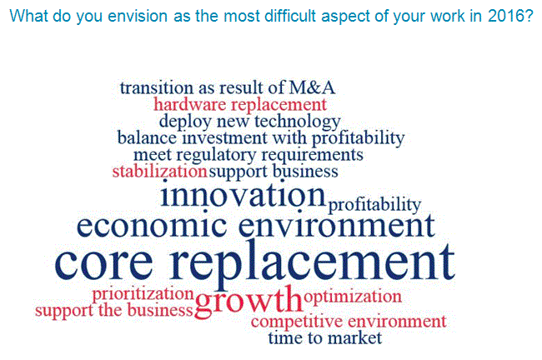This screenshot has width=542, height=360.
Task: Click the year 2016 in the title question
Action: [x=507, y=16]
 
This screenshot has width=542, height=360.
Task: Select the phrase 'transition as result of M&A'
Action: [x=228, y=87]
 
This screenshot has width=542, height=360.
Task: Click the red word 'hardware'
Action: [x=189, y=104]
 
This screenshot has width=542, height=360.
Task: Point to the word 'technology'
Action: [x=298, y=122]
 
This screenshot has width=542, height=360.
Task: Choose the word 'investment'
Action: [x=224, y=137]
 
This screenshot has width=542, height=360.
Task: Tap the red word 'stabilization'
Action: [x=160, y=172]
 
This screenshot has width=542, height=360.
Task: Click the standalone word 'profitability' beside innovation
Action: [x=374, y=205]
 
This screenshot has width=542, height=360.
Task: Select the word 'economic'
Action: [x=152, y=226]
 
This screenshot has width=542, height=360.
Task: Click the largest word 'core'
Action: [x=103, y=263]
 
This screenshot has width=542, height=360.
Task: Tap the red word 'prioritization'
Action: [x=143, y=294]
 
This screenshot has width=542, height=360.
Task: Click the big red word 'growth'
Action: [x=248, y=299]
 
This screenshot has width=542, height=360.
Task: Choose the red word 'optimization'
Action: [x=353, y=297]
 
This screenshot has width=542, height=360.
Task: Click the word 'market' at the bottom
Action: [x=354, y=337]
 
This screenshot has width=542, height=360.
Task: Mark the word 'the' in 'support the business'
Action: [x=110, y=309]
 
